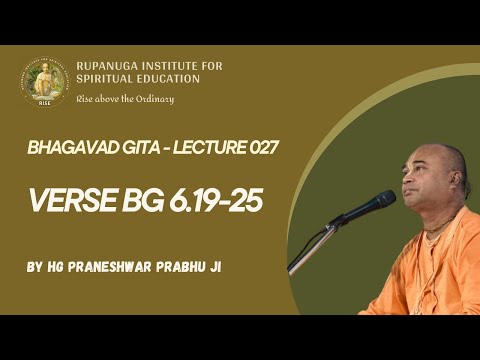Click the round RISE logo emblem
point(44,81)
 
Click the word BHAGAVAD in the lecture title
point(69,148)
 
